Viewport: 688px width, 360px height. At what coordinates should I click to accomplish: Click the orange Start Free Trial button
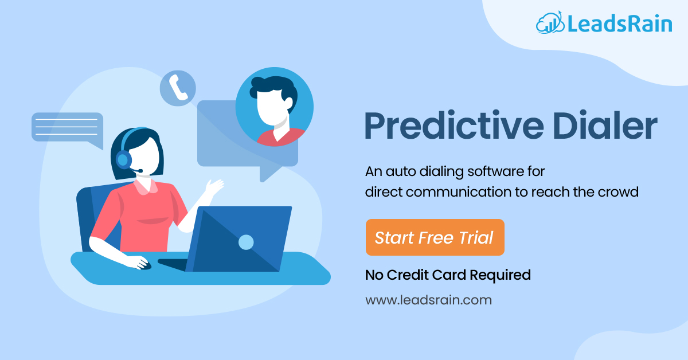click(435, 237)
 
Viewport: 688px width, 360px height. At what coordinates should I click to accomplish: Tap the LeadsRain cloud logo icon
click(550, 23)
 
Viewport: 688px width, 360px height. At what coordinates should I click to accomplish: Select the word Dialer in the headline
click(605, 126)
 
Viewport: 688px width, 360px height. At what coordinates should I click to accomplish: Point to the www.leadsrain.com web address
click(428, 300)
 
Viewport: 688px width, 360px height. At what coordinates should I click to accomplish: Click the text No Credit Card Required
click(448, 275)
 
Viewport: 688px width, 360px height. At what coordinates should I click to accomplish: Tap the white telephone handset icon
click(178, 88)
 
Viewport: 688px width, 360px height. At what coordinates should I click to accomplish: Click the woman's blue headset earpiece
click(123, 160)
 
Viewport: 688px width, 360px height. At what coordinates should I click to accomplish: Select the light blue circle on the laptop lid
click(246, 242)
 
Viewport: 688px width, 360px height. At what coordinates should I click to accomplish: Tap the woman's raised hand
click(214, 186)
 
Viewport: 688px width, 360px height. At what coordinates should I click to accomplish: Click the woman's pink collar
click(145, 186)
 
